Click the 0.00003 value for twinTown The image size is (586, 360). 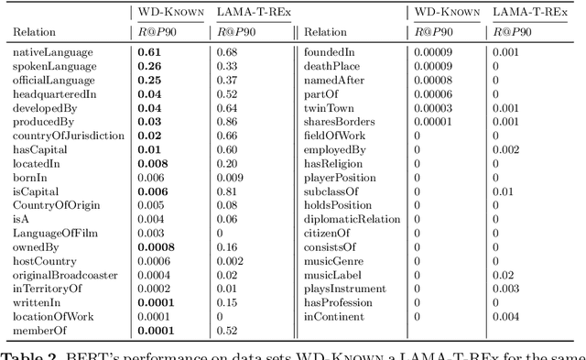[433, 107]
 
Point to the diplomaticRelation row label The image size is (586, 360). [353, 219]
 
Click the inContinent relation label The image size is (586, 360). [333, 316]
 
